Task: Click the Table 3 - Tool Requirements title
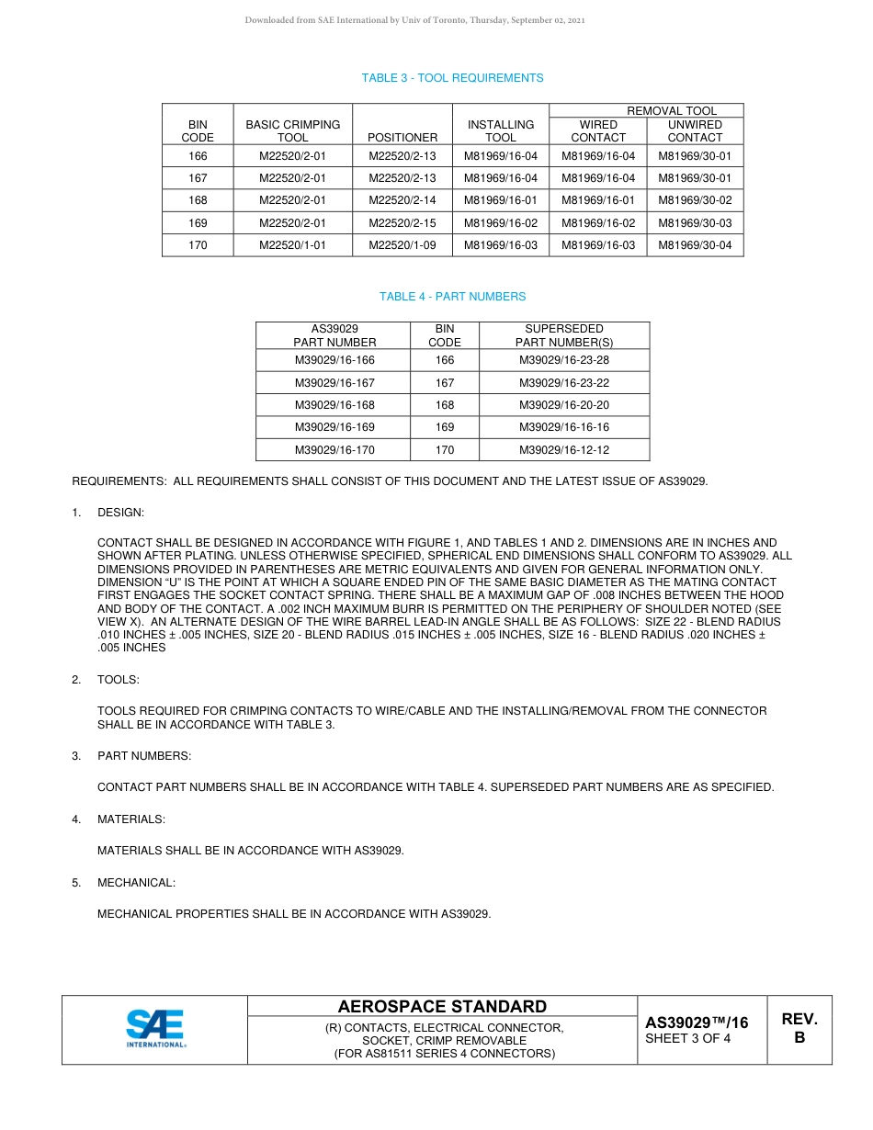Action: (x=452, y=78)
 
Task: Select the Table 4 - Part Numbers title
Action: (x=452, y=297)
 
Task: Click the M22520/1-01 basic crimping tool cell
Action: (x=292, y=245)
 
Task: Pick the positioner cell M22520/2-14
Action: (x=402, y=200)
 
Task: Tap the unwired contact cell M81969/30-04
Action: (x=695, y=245)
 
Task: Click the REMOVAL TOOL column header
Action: (x=672, y=111)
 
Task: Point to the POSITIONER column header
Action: (x=402, y=138)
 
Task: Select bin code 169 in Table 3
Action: (x=198, y=223)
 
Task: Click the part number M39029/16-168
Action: (x=334, y=405)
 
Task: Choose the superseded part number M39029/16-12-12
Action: (x=564, y=450)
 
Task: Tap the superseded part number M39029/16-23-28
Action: (x=564, y=360)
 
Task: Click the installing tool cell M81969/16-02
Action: (x=501, y=223)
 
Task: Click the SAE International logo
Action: (x=155, y=1028)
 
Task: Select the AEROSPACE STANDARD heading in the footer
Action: (x=442, y=1007)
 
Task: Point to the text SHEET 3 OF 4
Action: (x=688, y=1039)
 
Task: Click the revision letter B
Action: (x=799, y=1038)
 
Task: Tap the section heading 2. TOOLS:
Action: (x=119, y=680)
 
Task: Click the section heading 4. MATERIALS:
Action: (x=131, y=819)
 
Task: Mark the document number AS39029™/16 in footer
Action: (x=697, y=1023)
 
